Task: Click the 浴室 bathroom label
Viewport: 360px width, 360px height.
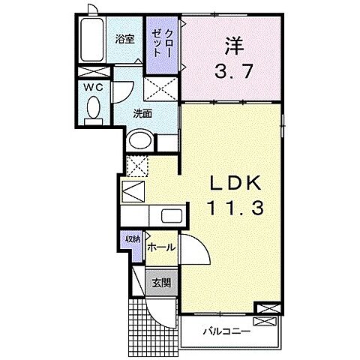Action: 125,40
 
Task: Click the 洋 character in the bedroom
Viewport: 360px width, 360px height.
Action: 233,46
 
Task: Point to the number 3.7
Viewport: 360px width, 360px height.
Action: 233,73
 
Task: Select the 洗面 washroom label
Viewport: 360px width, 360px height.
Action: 142,114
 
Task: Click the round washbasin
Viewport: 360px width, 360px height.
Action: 139,140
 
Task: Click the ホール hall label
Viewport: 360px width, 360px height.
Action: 161,247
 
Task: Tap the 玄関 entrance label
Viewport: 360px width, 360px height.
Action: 161,283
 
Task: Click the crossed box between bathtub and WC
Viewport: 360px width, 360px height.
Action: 93,73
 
